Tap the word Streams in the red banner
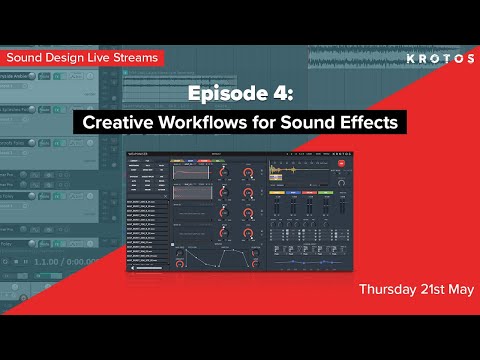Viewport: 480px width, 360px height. tap(134, 58)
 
